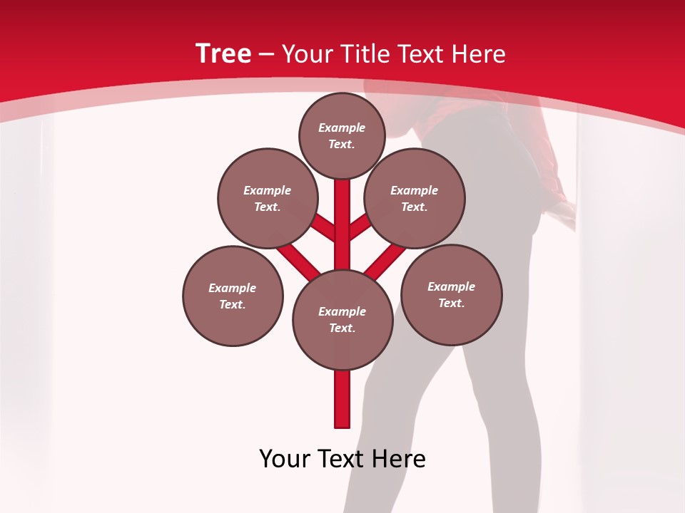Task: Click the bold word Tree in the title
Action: tap(223, 53)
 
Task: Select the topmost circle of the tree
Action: tap(342, 135)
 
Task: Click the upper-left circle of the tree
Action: tap(267, 198)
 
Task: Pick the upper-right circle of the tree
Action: tap(414, 198)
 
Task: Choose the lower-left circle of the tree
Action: tap(233, 296)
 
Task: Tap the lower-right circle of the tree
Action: tap(451, 294)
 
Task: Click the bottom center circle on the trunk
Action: tap(342, 319)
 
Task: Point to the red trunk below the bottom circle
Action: tap(342, 399)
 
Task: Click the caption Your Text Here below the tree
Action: tap(342, 459)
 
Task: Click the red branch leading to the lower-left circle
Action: tap(298, 261)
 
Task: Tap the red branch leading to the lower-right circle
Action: tap(385, 261)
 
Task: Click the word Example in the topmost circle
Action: tap(342, 128)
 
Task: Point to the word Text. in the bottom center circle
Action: tap(342, 328)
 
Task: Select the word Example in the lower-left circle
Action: tap(232, 288)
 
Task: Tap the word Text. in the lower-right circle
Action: tap(451, 303)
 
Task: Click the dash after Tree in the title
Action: tap(267, 55)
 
